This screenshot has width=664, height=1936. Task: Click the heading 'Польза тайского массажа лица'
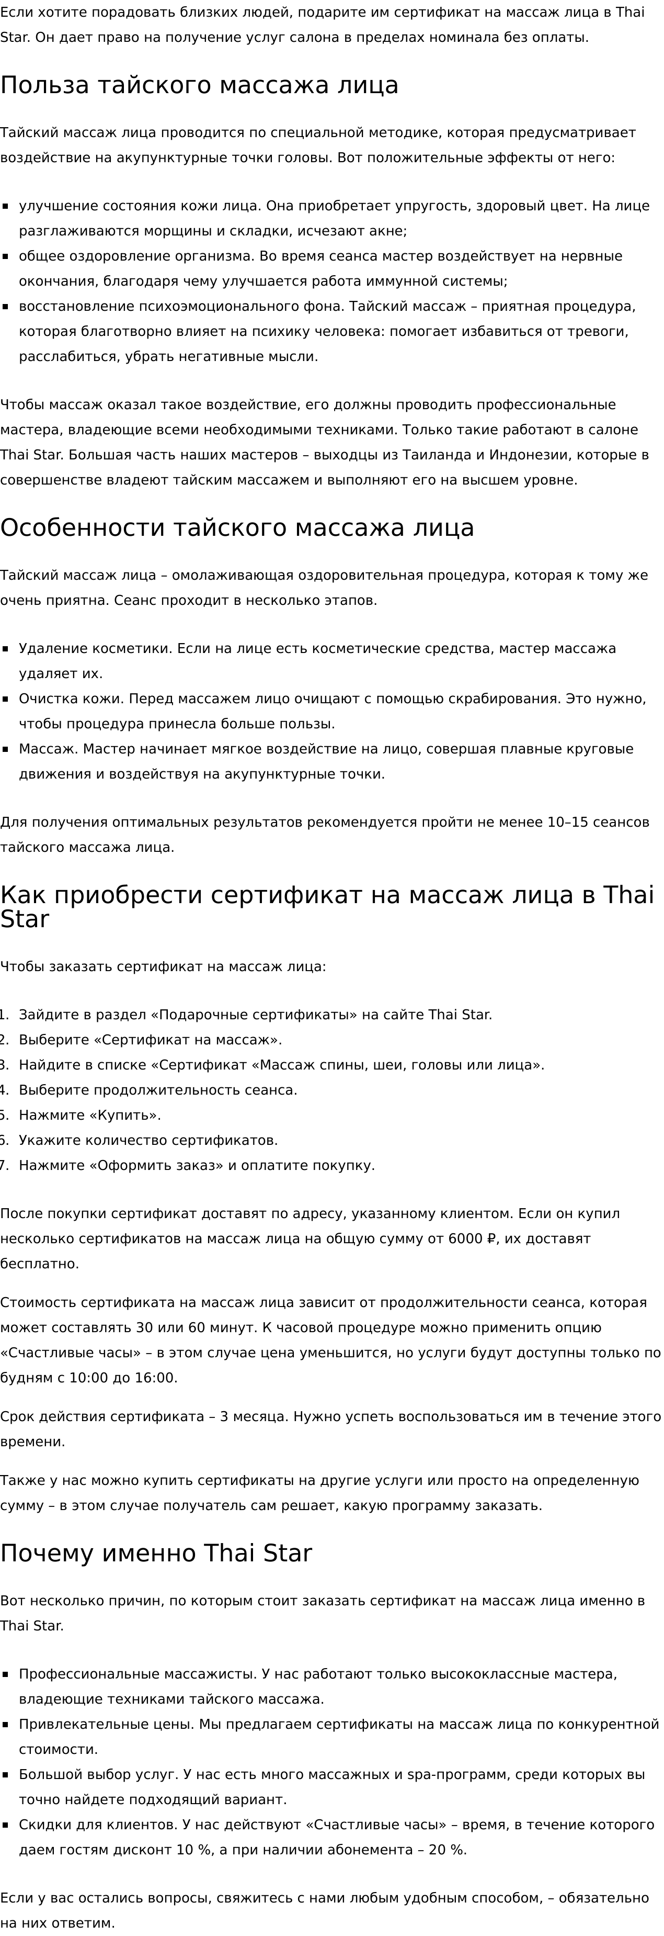coord(199,86)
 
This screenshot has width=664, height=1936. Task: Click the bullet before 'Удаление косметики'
coord(5,648)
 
